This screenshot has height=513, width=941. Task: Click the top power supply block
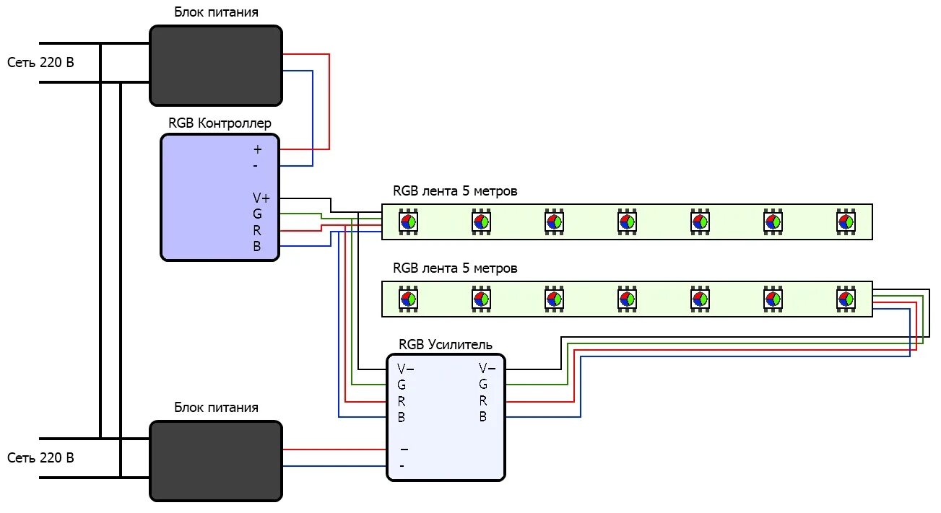point(215,66)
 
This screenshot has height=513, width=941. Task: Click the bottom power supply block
point(215,460)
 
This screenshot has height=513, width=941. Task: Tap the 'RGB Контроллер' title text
point(220,123)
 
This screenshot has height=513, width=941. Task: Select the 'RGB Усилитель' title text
point(446,344)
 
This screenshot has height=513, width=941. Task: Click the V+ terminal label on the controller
point(261,198)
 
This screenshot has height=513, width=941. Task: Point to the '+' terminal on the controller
point(258,150)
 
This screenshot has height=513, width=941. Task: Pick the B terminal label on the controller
point(257,247)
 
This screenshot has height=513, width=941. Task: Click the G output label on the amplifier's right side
point(483,385)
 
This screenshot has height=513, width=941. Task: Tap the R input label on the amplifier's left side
point(402,401)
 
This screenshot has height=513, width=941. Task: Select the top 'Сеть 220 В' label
point(40,63)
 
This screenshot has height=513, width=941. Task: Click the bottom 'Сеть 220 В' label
point(40,457)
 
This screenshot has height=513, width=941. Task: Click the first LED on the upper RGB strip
point(408,222)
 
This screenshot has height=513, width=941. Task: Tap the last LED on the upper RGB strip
point(846,222)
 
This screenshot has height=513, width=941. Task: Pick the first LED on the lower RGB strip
point(408,298)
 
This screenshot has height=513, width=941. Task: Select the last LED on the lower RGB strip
point(846,298)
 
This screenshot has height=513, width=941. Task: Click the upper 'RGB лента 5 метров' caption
point(455,191)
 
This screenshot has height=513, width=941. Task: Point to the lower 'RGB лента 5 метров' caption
point(455,268)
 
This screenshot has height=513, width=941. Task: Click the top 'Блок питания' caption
point(216,13)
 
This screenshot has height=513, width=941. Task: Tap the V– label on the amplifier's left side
point(405,369)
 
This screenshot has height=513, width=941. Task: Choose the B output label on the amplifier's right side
point(483,417)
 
